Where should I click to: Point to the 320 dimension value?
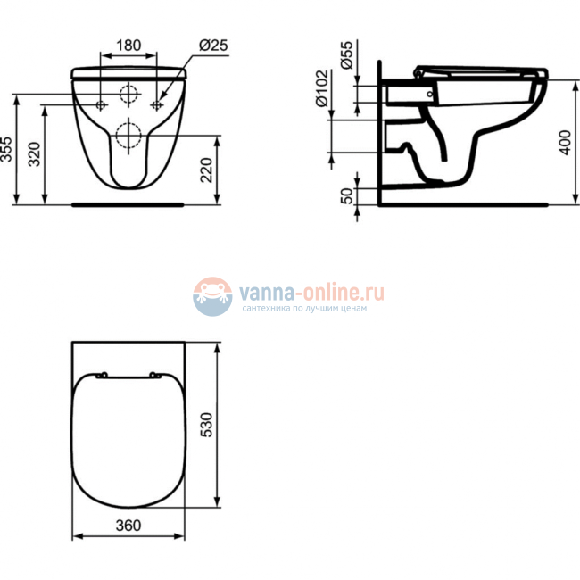coord(34,154)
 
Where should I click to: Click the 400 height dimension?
coord(564,141)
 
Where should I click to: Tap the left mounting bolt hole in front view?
coord(100,104)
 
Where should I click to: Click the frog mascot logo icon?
coord(212,295)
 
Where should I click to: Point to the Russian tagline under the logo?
coord(303,309)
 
